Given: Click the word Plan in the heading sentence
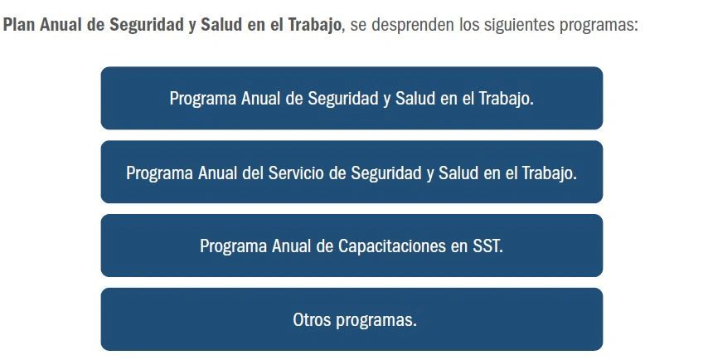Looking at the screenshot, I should coord(18,25).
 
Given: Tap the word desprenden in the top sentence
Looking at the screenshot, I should coord(412,25).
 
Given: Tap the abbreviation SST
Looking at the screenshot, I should coord(487,246).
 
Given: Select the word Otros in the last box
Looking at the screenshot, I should coord(312,319).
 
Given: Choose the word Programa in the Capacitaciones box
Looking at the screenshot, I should coord(233,246).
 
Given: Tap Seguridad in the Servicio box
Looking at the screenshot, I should coord(386,173).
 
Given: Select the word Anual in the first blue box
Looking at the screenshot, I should coord(260,99).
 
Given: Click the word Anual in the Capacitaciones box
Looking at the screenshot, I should coord(291,246).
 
